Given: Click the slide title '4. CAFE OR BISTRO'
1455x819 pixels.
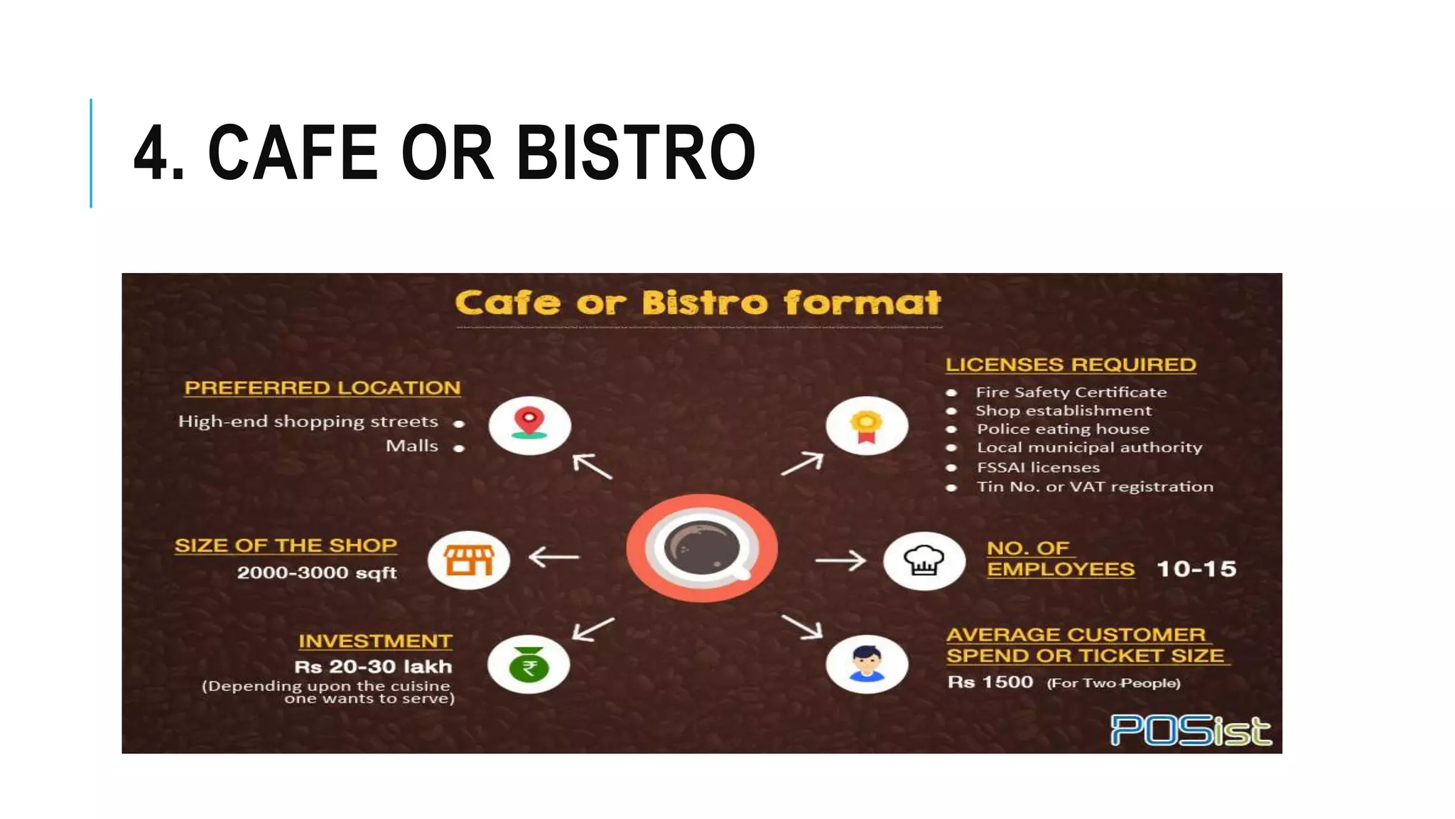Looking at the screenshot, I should pyautogui.click(x=445, y=152).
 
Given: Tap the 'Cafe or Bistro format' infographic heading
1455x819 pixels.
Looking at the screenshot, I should pyautogui.click(x=698, y=303).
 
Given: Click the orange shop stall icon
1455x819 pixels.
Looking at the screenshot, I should pyautogui.click(x=469, y=560).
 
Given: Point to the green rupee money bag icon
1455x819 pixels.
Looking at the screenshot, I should pyautogui.click(x=529, y=665).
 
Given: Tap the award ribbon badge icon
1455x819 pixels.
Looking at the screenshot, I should pyautogui.click(x=866, y=427).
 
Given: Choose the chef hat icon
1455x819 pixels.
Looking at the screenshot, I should pyautogui.click(x=924, y=561).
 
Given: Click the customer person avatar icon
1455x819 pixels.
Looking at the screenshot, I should pyautogui.click(x=867, y=665).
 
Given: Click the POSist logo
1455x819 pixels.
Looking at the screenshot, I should pyautogui.click(x=1191, y=730).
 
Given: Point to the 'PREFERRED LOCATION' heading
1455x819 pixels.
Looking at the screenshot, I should pyautogui.click(x=323, y=388).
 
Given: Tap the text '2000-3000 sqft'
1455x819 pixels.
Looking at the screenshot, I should pyautogui.click(x=317, y=573).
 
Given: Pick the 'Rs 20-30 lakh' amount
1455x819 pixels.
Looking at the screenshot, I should pyautogui.click(x=373, y=667).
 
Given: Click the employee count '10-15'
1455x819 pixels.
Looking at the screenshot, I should pyautogui.click(x=1196, y=569).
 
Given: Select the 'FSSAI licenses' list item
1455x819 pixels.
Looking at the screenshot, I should pyautogui.click(x=1038, y=468).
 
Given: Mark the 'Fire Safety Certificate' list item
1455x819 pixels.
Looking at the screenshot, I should pyautogui.click(x=1071, y=392).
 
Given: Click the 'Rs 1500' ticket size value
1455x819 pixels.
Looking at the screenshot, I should pyautogui.click(x=990, y=682).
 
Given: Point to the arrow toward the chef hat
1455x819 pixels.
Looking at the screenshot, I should pyautogui.click(x=840, y=561).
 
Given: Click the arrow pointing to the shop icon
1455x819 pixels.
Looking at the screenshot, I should pyautogui.click(x=554, y=557).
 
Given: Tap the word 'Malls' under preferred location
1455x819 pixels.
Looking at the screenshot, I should pyautogui.click(x=412, y=446).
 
